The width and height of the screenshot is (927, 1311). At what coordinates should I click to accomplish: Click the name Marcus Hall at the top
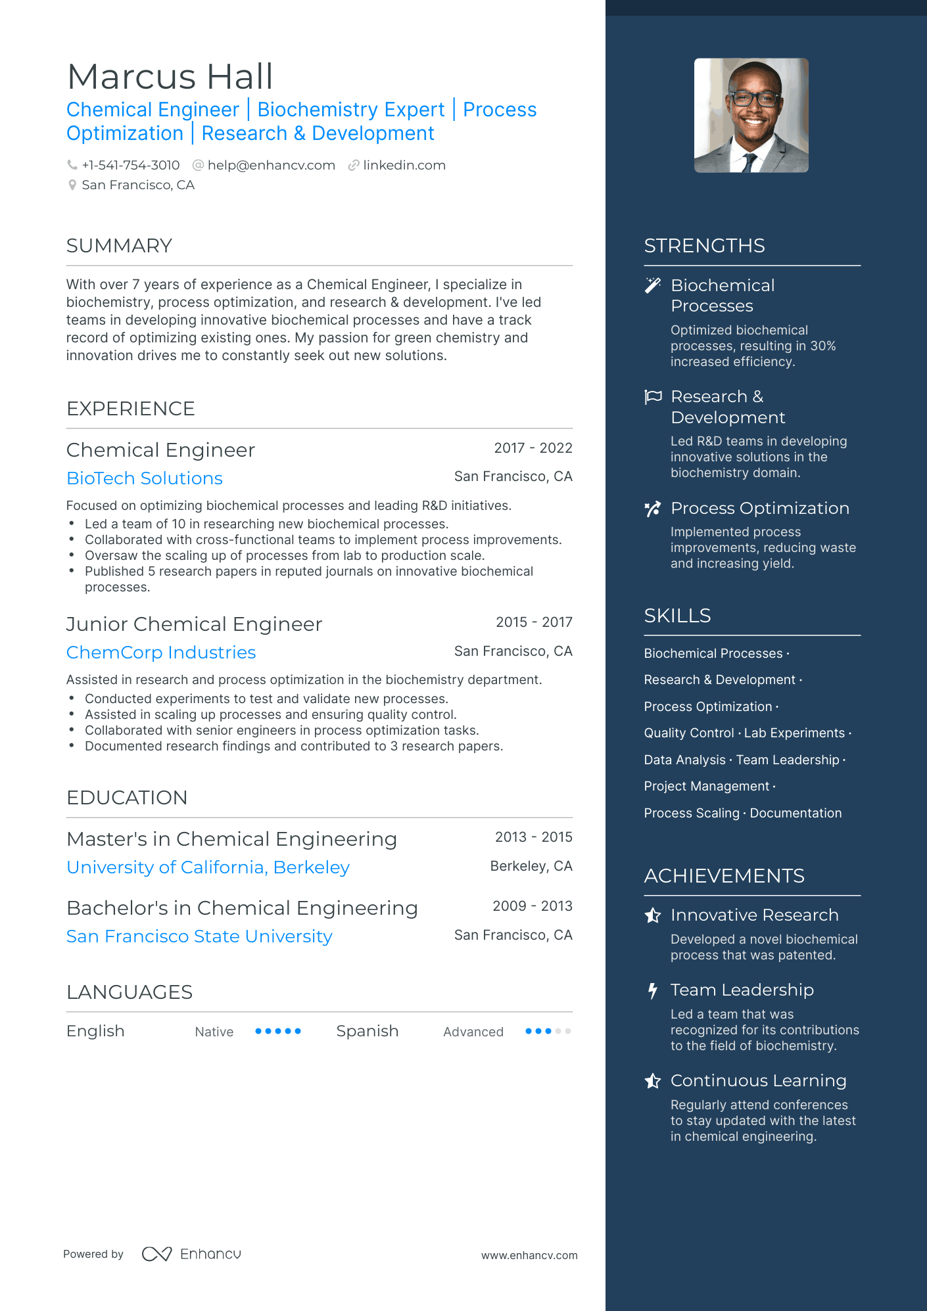coord(170,77)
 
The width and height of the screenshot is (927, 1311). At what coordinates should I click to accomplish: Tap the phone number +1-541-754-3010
coord(130,166)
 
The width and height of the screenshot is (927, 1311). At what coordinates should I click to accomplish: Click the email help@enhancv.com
coord(271,166)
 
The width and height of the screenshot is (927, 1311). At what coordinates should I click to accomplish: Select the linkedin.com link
coord(404,166)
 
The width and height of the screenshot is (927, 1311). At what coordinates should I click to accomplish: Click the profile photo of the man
coord(751,116)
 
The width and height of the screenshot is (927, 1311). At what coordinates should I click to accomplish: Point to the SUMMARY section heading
coord(119,246)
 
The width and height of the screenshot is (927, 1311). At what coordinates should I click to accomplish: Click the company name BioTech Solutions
coord(145,478)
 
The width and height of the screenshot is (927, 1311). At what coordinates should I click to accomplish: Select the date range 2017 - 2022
coord(533,448)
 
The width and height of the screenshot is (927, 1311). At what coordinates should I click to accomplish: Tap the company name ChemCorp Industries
coord(161,653)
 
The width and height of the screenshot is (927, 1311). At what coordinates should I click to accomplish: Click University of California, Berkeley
coord(208,867)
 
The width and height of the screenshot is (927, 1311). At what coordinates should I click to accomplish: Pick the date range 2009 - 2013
coord(532,906)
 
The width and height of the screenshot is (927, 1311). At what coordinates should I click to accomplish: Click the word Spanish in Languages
coord(367,1031)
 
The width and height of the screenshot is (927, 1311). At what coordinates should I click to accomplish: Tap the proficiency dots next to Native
coord(278,1031)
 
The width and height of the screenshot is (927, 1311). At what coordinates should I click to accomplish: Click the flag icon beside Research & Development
coord(653,397)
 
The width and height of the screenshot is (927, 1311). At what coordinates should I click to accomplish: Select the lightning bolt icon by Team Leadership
coord(652,990)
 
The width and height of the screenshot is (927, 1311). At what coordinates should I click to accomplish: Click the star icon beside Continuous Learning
coord(652,1081)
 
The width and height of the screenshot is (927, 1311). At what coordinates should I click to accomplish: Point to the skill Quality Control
coord(688,733)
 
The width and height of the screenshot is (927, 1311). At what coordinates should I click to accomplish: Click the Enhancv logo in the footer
coord(191,1254)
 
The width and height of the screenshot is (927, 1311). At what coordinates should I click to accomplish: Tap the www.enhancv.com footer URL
coord(529,1255)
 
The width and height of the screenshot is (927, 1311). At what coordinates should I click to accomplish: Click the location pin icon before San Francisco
coord(72,185)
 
